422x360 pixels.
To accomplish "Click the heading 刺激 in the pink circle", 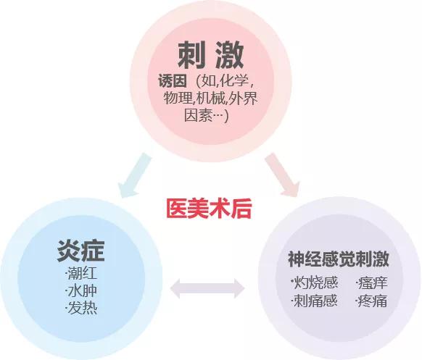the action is tap(210, 55).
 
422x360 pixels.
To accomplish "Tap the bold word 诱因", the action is tap(173, 80).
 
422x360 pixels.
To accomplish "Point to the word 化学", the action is tap(233, 80).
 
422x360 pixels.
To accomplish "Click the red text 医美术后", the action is tap(209, 209).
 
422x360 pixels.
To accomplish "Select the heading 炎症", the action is tap(80, 251).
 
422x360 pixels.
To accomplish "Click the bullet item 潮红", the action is tap(81, 273).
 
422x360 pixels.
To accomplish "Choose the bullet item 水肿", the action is tap(81, 291).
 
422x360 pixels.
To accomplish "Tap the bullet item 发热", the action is tap(81, 308).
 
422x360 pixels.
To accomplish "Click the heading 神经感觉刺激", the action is tap(339, 259).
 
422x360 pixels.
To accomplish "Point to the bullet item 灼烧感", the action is tap(314, 282).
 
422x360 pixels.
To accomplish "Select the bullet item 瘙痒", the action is tap(371, 282).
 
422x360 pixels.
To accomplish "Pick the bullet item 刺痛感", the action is tap(314, 301).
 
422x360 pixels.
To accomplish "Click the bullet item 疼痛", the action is tap(371, 301).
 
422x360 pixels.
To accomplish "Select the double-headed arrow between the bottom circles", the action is tap(207, 288).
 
